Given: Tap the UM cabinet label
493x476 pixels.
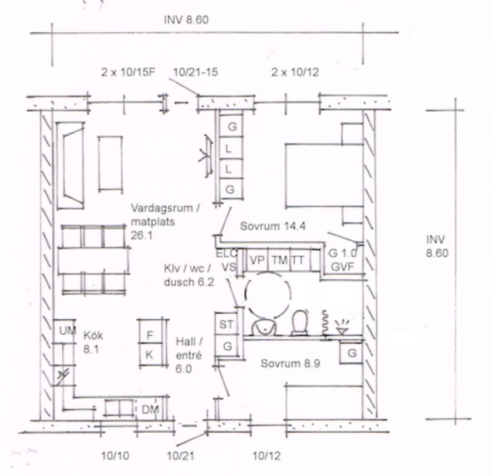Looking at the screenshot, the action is point(67,331).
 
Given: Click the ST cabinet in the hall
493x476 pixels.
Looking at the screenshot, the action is point(226,324).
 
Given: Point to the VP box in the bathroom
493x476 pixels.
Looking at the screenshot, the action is point(257,260).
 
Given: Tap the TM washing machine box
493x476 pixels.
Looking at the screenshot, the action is point(279,260).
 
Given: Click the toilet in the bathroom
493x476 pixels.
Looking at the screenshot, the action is point(300,323).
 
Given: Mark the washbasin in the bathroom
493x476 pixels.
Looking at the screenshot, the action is point(264,327).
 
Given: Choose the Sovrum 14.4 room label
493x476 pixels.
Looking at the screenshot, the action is point(273,226).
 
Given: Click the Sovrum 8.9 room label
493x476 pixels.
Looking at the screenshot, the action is point(290,364).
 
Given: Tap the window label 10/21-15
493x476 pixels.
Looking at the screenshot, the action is point(195,72).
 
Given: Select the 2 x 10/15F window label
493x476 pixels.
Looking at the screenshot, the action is point(129,72).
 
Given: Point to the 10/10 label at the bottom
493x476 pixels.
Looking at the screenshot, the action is point(115,456).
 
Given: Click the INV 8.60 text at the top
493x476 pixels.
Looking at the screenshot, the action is point(186,20).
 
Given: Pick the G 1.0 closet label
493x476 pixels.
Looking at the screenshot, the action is point(343,253).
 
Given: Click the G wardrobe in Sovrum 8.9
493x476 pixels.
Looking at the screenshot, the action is point(352,353).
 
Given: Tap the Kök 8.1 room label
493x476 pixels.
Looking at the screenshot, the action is point(93,342).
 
